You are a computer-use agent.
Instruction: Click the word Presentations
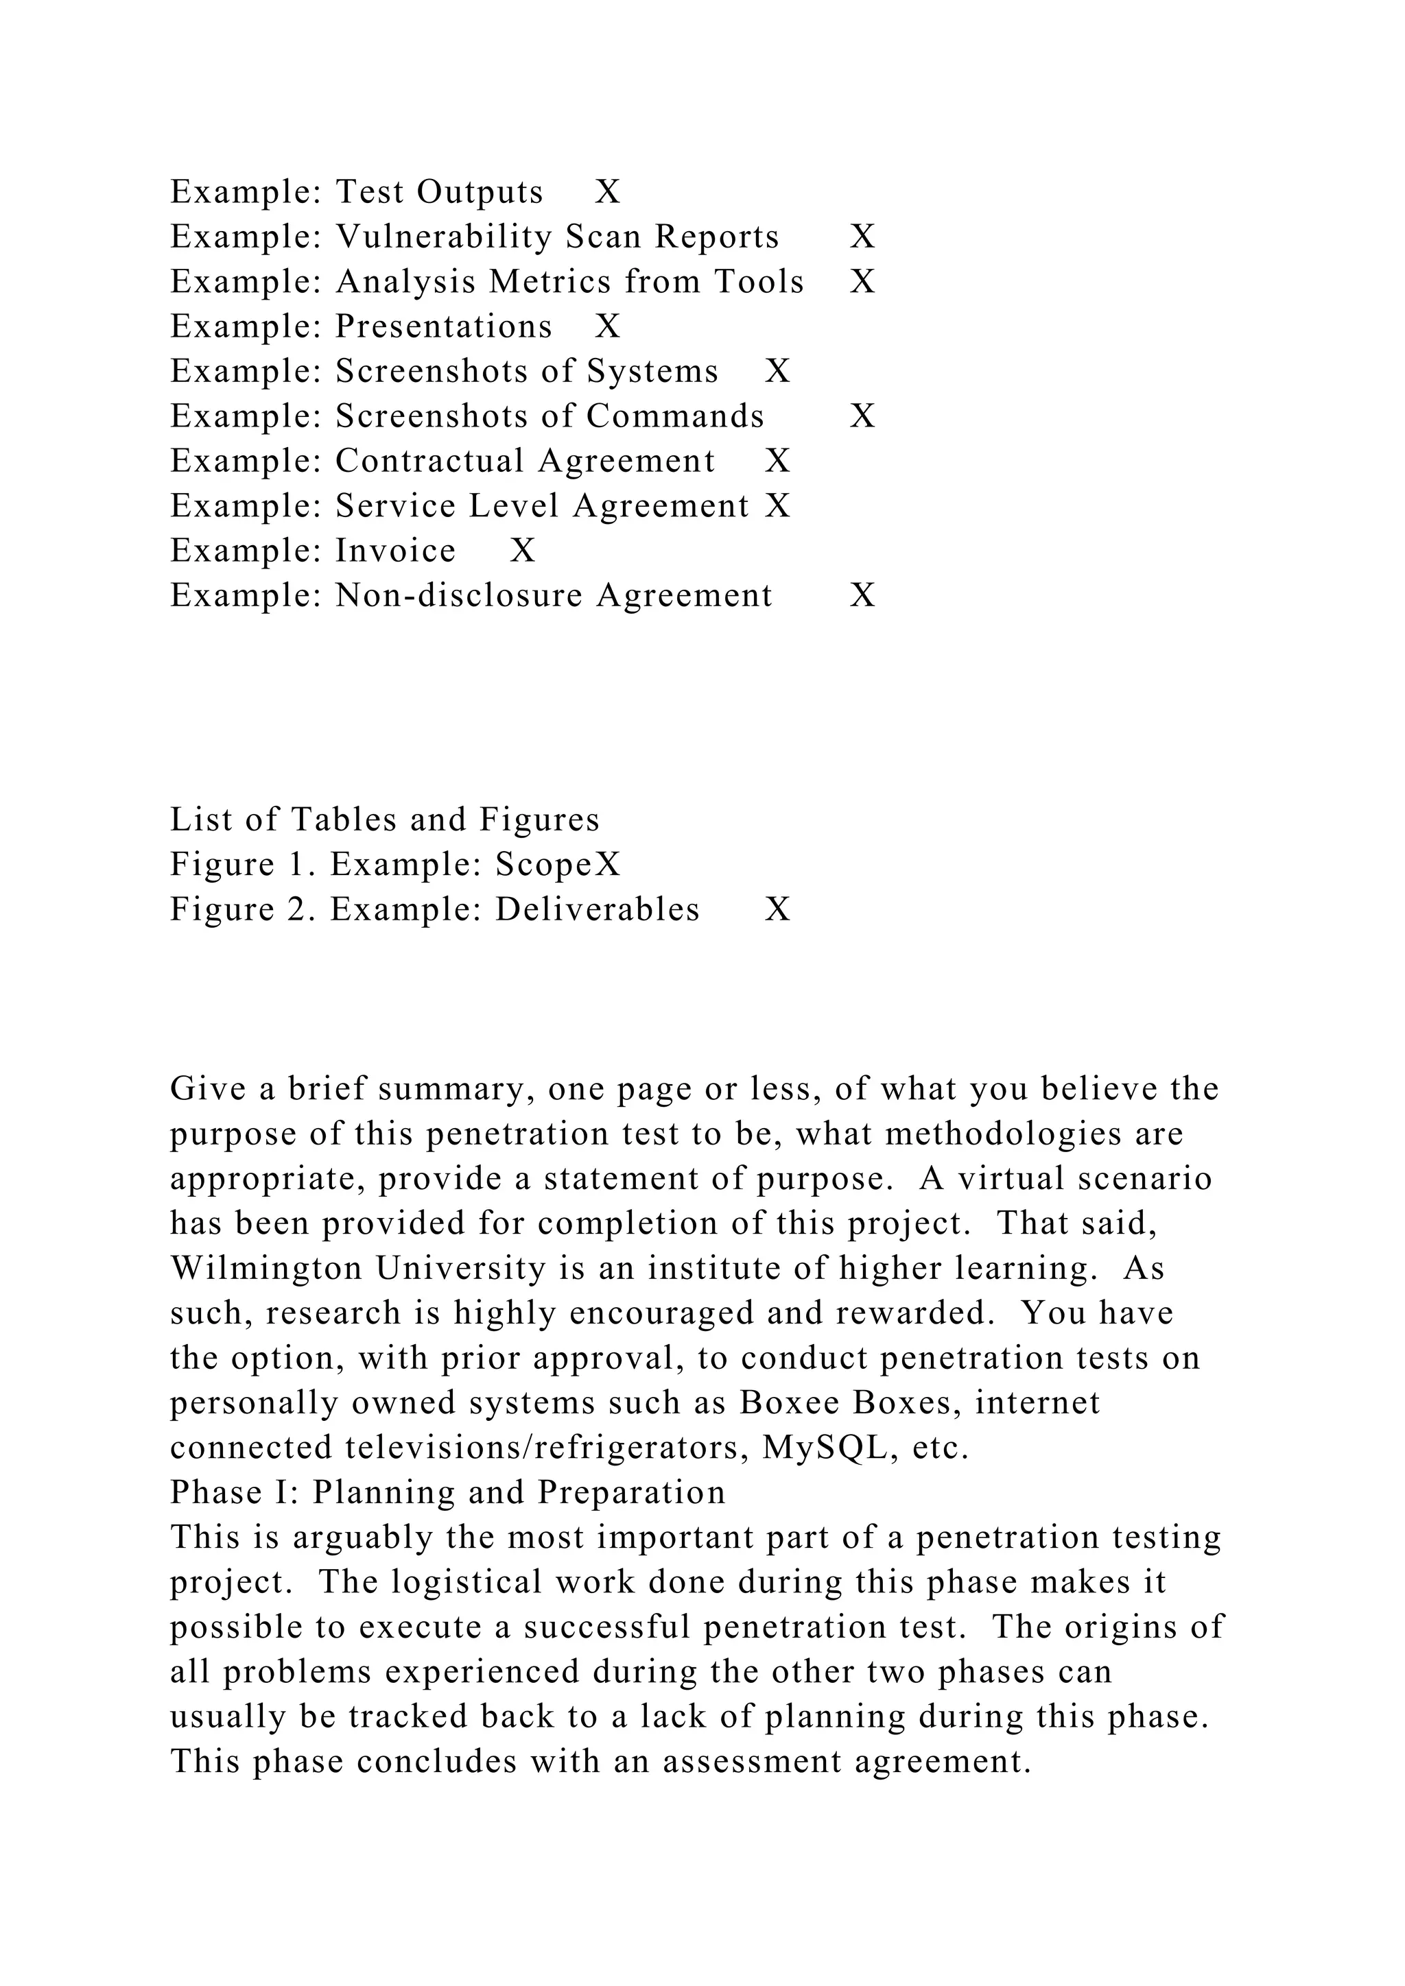pos(443,327)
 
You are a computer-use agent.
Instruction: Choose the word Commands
pos(675,417)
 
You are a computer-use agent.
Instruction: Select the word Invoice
pos(395,551)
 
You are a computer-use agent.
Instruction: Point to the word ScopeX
pos(558,865)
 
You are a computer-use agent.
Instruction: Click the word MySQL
pos(825,1448)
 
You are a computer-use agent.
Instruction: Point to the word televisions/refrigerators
pos(547,1448)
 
